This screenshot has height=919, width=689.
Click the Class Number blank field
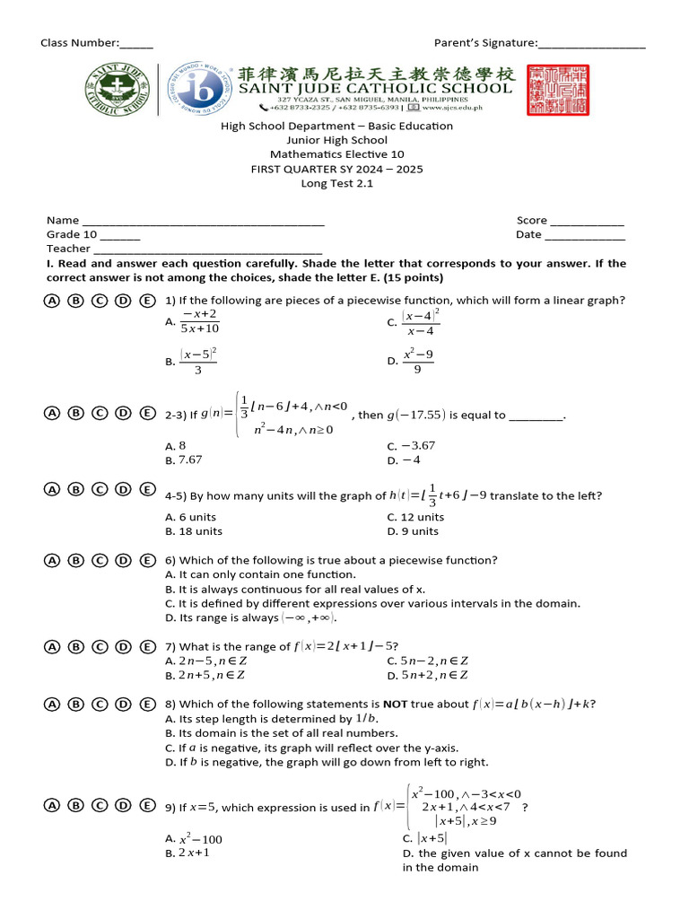(136, 44)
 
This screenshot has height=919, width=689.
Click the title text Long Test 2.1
(336, 183)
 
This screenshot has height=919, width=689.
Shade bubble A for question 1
(52, 301)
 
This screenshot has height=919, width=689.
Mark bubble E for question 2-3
(147, 413)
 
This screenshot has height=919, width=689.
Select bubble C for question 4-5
(100, 489)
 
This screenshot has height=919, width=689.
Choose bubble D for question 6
(124, 560)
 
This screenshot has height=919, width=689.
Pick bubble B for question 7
(76, 646)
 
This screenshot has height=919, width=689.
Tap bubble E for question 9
(147, 805)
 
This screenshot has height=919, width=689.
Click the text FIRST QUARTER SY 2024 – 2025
(336, 169)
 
